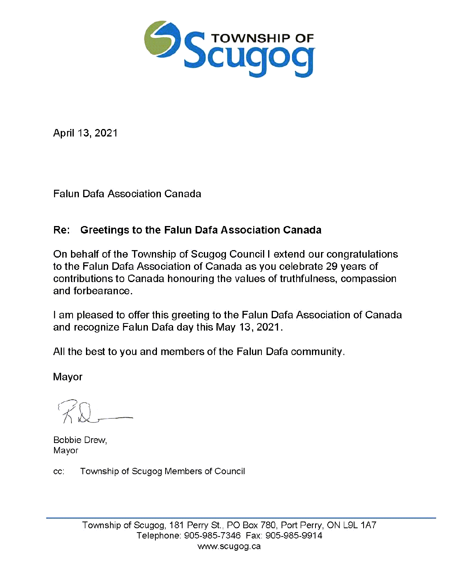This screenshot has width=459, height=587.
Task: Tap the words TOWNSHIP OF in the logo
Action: tap(262, 38)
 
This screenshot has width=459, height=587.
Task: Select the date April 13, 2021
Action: tap(85, 133)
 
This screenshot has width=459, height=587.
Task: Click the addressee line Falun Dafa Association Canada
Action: tap(127, 194)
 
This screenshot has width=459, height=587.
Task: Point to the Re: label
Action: tap(62, 230)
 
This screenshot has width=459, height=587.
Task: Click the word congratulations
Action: tap(362, 254)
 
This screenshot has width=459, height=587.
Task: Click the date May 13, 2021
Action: tap(248, 327)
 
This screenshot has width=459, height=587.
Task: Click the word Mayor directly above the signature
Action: tap(67, 377)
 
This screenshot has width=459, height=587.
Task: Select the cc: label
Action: tap(59, 471)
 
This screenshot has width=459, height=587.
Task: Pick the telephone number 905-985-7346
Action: tap(212, 536)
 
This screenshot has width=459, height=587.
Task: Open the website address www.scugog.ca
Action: tap(229, 546)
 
